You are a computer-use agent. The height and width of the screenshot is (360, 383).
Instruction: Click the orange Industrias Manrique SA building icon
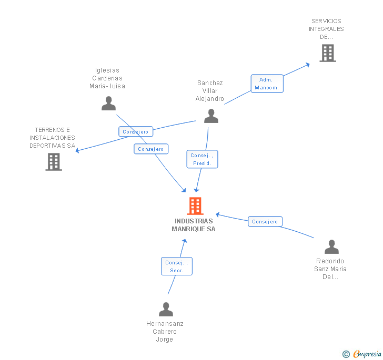pyautogui.click(x=195, y=206)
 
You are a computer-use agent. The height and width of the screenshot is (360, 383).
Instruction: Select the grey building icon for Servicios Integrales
pyautogui.click(x=327, y=53)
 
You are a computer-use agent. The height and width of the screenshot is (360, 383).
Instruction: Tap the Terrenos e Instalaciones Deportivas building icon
pyautogui.click(x=54, y=162)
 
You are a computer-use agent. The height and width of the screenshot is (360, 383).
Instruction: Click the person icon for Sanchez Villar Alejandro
pyautogui.click(x=211, y=116)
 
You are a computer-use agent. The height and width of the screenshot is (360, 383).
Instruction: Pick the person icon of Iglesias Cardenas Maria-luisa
pyautogui.click(x=108, y=103)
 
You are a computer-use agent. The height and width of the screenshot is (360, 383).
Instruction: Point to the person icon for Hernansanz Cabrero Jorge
pyautogui.click(x=166, y=309)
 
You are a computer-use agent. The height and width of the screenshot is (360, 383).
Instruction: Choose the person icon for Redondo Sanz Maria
pyautogui.click(x=331, y=246)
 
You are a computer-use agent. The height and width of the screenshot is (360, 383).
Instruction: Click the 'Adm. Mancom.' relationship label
pyautogui.click(x=267, y=84)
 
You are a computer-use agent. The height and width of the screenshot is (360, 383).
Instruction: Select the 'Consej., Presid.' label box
pyautogui.click(x=202, y=159)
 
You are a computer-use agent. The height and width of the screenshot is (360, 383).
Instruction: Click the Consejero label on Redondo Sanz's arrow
pyautogui.click(x=265, y=222)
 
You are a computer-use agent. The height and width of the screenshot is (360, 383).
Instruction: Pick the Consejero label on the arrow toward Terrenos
pyautogui.click(x=136, y=132)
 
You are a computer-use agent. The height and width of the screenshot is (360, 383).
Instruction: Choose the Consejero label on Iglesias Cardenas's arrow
pyautogui.click(x=151, y=149)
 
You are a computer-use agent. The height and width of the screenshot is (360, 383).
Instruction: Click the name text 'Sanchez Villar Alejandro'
pyautogui.click(x=210, y=91)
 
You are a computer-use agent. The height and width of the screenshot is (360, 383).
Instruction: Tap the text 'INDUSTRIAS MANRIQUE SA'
pyautogui.click(x=194, y=225)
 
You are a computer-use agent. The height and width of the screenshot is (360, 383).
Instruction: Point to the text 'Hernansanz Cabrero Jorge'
pyautogui.click(x=165, y=332)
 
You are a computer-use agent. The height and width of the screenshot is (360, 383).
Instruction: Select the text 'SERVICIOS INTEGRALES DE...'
pyautogui.click(x=326, y=29)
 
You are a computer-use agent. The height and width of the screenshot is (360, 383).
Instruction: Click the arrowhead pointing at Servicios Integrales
pyautogui.click(x=307, y=64)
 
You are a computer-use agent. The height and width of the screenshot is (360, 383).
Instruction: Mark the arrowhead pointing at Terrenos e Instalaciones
pyautogui.click(x=77, y=151)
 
